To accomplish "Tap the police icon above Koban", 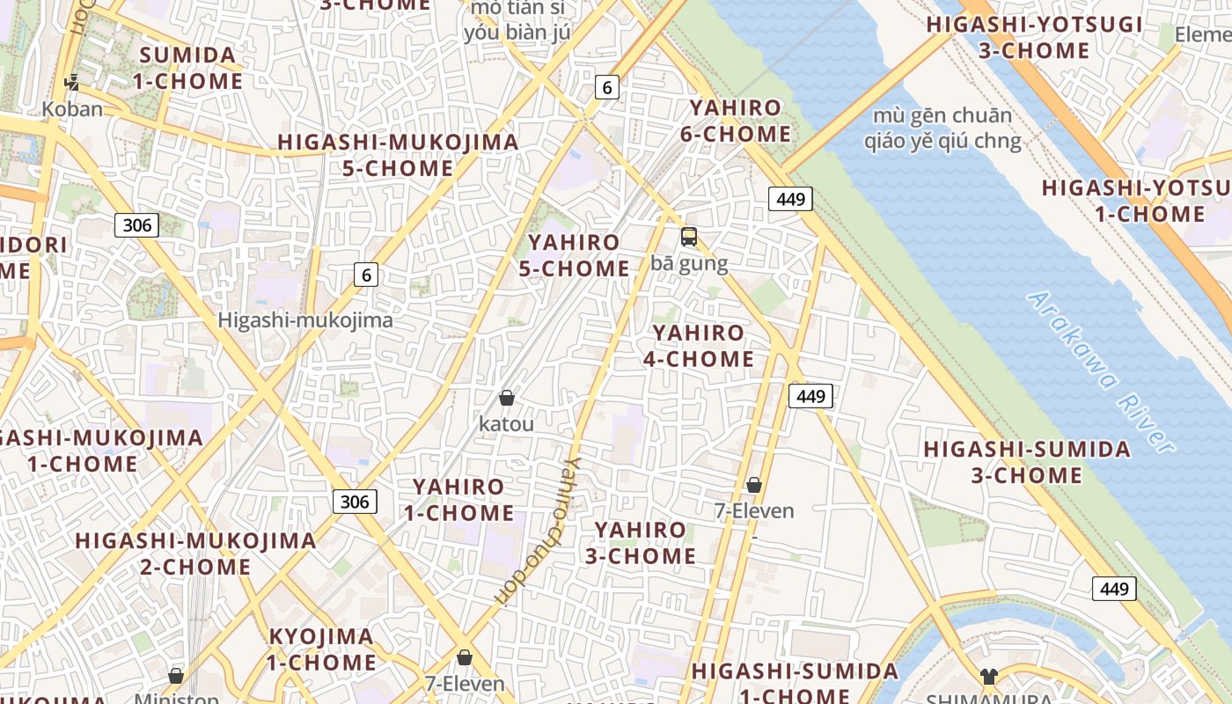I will [72, 83].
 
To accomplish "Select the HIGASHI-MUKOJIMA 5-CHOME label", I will [398, 155].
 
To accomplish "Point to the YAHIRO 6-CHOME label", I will [735, 121].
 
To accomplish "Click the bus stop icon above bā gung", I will [688, 237].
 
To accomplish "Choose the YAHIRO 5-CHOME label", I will [574, 255].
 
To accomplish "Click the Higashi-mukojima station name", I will [305, 320].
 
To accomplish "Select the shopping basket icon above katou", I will [506, 398].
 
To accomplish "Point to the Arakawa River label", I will [1101, 371].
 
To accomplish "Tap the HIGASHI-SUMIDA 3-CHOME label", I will [1026, 462].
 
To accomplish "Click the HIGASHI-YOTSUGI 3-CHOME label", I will [1034, 37].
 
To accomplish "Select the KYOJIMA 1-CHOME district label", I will [321, 649].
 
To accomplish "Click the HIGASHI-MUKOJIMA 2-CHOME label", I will [195, 554].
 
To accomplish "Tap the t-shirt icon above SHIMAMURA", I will [989, 676].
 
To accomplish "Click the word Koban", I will [72, 109].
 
